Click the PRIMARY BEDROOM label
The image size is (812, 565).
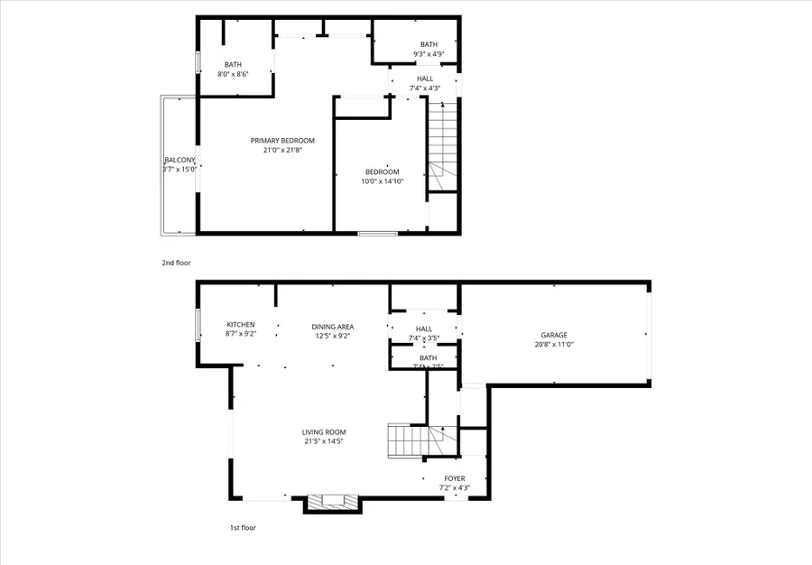point(282,140)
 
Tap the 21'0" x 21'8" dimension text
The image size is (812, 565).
point(282,150)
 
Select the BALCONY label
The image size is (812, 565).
point(180,160)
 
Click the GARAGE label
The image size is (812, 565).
point(554,335)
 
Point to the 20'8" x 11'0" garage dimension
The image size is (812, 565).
point(554,345)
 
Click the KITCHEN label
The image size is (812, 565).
point(241,325)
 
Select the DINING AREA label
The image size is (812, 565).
point(332,326)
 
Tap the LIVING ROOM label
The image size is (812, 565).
point(324,431)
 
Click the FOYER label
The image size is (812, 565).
point(455,478)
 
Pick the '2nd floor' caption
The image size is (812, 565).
point(177,263)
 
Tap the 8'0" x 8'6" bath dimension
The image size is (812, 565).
point(234,74)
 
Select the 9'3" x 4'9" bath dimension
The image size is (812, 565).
point(428,54)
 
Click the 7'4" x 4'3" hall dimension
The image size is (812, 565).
point(424,88)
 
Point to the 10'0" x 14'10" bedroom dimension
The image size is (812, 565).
point(383,181)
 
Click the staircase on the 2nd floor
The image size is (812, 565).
point(441,144)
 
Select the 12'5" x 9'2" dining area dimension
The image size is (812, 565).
point(332,336)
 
